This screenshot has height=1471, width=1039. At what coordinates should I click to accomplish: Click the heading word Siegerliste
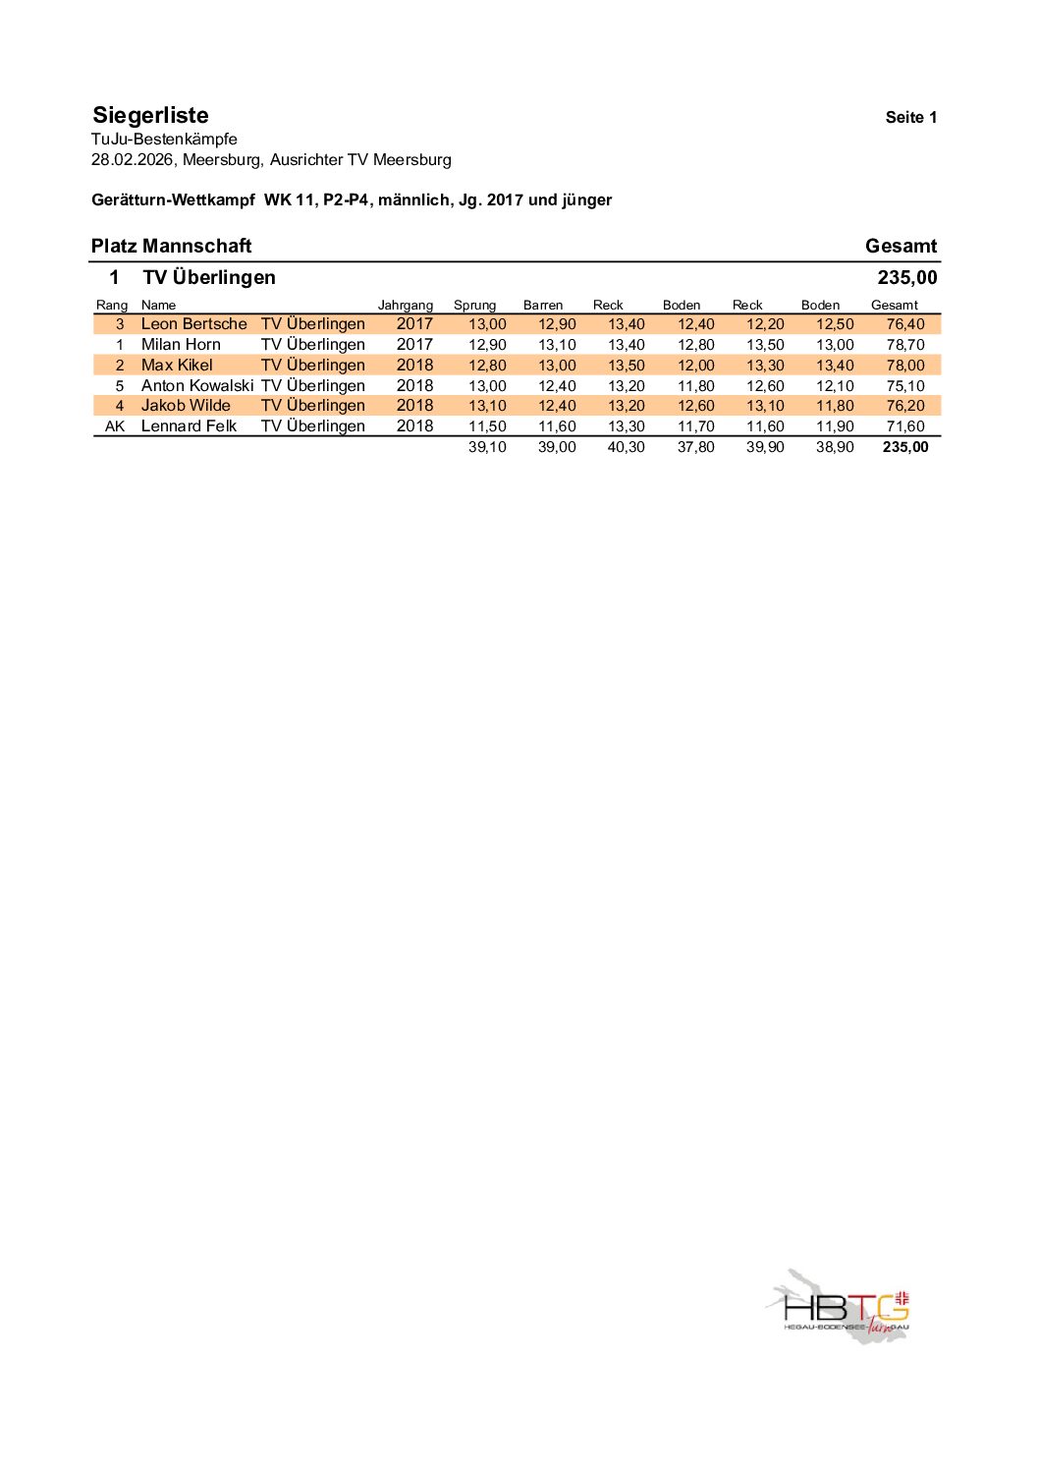pos(150,116)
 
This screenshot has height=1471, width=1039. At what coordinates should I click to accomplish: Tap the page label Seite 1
pos(910,118)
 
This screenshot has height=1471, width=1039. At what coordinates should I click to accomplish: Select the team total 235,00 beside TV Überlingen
pos(906,278)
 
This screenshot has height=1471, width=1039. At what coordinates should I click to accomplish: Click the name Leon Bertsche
pos(193,324)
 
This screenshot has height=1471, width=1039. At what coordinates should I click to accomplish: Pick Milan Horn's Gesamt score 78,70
pos(904,345)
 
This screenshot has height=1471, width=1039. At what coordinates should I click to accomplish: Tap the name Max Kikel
pos(177,366)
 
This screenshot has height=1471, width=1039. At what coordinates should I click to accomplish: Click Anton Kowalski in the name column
pos(196,386)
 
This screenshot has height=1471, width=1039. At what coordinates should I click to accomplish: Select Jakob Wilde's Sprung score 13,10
pos(487,406)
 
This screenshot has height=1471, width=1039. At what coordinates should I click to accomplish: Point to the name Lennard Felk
pos(189,426)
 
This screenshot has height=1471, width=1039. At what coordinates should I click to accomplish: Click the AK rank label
pos(115,426)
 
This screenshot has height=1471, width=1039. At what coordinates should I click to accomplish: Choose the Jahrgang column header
pos(405,306)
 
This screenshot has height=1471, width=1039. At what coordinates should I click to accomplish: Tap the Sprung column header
pos(474,306)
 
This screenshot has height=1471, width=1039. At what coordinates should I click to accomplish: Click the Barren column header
pos(542,306)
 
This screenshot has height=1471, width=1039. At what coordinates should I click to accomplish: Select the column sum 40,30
pos(626,447)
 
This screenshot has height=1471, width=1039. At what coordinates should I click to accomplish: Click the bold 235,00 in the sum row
pos(904,447)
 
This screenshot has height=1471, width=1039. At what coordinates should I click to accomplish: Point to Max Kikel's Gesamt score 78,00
pos(904,366)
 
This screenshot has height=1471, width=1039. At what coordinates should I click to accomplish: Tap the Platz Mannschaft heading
pos(171,247)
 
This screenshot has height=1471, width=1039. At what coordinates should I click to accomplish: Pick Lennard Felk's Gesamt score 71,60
pos(904,426)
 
